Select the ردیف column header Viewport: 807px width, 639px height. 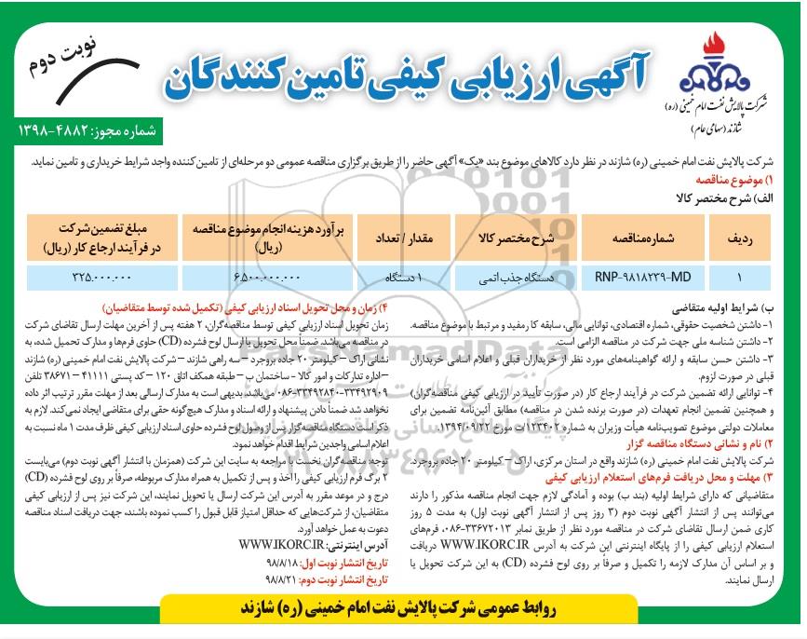pos(739,238)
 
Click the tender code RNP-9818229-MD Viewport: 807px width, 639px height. pos(643,278)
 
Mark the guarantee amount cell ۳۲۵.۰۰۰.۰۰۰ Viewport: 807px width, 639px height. pos(99,278)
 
